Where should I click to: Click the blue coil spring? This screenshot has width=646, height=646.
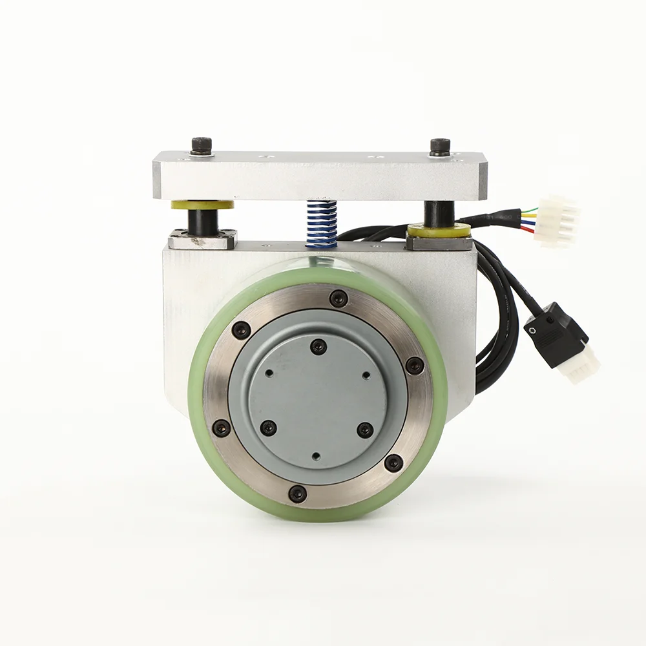click(322, 224)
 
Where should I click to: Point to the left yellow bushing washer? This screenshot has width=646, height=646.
click(202, 205)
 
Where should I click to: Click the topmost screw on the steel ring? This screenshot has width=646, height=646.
click(338, 298)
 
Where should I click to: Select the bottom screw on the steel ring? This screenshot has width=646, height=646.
click(297, 494)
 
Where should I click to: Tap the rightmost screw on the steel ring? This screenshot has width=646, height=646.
click(415, 366)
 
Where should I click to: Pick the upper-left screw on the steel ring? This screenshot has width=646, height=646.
click(241, 329)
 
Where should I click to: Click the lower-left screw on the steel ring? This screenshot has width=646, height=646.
click(222, 427)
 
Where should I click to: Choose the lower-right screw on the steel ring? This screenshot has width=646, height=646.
click(393, 463)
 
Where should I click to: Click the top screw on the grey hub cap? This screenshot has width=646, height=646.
click(318, 347)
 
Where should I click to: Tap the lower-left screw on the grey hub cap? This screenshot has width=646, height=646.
click(268, 428)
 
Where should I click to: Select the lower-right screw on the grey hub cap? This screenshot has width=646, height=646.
click(366, 430)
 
